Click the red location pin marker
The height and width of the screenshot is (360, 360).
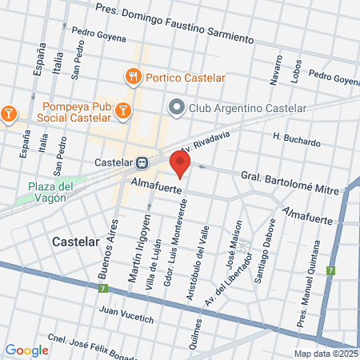180,163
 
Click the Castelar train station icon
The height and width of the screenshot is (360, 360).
142,162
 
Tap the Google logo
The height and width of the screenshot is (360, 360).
26,350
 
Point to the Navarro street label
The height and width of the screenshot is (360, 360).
277,70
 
